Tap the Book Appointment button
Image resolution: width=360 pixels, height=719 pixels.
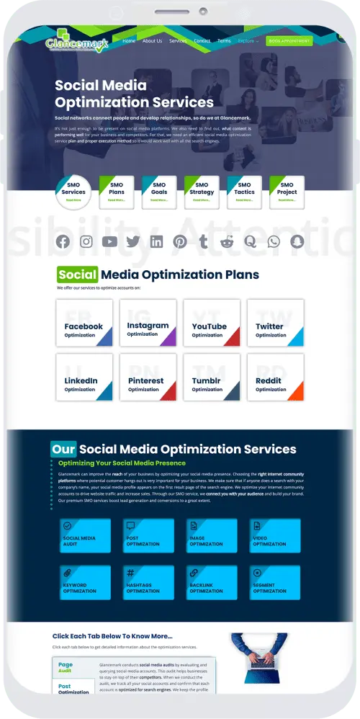pos(289,41)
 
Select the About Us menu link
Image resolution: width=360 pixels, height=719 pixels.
pos(152,41)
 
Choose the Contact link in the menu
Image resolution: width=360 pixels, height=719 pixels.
pos(202,41)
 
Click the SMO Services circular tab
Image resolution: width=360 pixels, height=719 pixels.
pos(73,192)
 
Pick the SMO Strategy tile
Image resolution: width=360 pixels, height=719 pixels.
pos(202,192)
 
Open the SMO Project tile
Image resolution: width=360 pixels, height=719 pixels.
pos(287,192)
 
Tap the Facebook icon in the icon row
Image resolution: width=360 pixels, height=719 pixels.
pos(63,242)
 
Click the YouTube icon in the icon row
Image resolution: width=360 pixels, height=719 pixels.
pos(109,242)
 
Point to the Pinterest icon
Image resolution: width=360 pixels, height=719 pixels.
pos(180,242)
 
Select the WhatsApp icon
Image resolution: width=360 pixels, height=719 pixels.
pos(274,242)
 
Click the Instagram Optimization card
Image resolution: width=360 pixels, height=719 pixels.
pos(148,323)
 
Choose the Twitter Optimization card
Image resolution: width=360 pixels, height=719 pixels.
pos(275,323)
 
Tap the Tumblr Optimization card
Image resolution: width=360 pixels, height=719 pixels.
pos(212,378)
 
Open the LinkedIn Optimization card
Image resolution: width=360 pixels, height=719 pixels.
pos(85,378)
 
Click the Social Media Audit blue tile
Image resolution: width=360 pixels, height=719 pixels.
pos(85,535)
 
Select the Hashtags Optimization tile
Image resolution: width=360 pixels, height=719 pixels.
pos(148,583)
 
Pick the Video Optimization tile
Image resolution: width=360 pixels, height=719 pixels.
pos(275,535)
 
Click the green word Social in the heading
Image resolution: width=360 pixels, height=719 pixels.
pos(78,274)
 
